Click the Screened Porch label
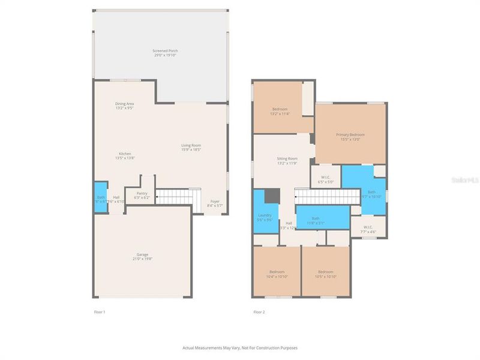(x=165, y=53)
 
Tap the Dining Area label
(x=124, y=106)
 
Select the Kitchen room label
(x=124, y=155)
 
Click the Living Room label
(x=191, y=147)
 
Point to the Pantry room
(x=142, y=195)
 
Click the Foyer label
(x=214, y=203)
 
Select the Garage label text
(x=142, y=256)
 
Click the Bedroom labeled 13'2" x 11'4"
(x=280, y=111)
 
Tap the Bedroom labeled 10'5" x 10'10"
(x=325, y=274)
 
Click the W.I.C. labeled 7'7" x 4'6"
(x=368, y=229)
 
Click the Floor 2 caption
(x=259, y=312)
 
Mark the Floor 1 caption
(x=100, y=312)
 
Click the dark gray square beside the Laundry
(x=272, y=196)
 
